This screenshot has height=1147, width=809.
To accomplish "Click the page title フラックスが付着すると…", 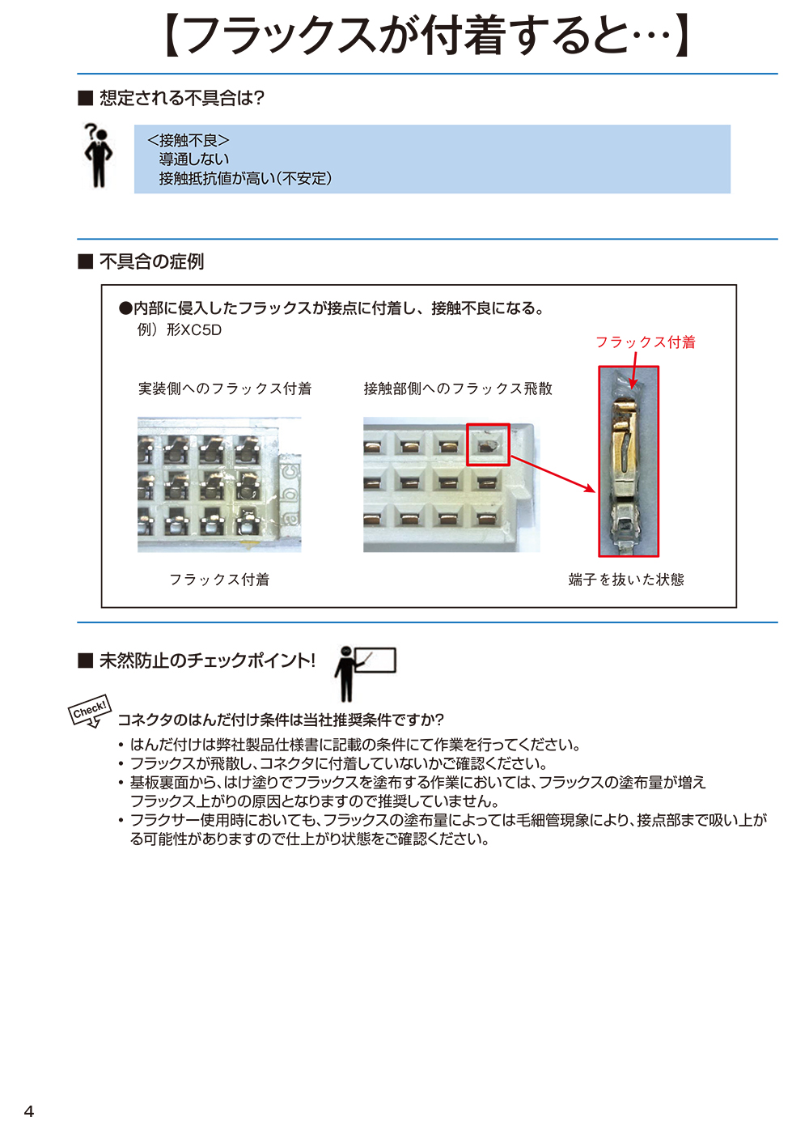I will click(426, 36).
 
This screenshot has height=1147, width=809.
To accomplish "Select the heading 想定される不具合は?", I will click(181, 98).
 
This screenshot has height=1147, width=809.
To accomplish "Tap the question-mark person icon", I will click(98, 155).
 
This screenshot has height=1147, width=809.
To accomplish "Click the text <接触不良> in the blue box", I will click(188, 141).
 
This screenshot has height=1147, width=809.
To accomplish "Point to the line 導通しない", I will click(194, 159).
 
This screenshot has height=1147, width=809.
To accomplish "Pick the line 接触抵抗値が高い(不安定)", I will click(245, 178).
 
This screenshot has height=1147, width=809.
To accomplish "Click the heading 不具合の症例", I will click(151, 261).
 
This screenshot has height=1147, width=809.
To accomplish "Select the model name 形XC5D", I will click(194, 329).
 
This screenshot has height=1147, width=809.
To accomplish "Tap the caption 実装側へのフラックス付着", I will click(225, 389).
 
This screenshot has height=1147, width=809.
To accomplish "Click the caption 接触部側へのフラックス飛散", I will click(458, 389).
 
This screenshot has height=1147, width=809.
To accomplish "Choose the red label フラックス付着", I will click(646, 342).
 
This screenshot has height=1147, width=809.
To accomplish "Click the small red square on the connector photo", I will click(488, 444).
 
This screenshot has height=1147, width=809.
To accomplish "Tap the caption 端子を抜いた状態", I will click(626, 580).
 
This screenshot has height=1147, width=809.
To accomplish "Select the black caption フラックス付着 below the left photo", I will click(219, 580).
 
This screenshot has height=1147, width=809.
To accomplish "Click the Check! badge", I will click(89, 711).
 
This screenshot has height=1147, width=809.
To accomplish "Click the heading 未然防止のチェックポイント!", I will click(206, 661).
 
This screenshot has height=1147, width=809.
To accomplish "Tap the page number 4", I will click(29, 1111).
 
